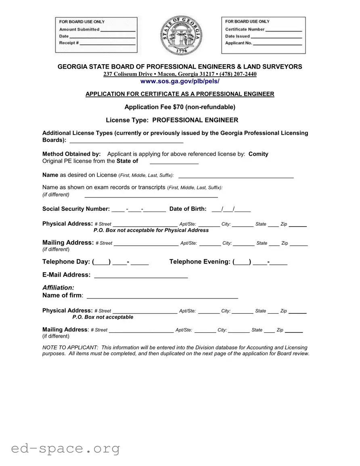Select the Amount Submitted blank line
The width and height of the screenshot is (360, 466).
coord(117,31)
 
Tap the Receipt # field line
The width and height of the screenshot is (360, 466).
coord(107,44)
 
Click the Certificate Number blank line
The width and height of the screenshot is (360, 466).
coord(284,31)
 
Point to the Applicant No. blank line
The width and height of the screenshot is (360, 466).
coord(277,44)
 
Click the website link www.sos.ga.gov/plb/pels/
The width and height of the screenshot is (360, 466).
coord(180,81)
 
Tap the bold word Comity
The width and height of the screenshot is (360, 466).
coord(258,154)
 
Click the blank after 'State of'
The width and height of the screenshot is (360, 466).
coord(174,163)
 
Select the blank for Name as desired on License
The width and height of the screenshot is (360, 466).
coord(236,177)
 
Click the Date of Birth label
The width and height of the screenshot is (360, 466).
coord(188,209)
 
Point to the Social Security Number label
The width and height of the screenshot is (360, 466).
coord(76,209)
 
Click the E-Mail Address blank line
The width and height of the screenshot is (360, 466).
coord(141,277)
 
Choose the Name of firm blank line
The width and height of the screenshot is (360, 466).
coord(162,298)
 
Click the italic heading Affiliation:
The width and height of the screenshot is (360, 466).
coord(59,288)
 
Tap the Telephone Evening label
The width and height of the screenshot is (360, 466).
coord(200,262)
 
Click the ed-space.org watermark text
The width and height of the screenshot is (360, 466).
coord(65,448)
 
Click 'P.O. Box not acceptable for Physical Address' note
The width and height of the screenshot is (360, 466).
coord(151,230)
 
